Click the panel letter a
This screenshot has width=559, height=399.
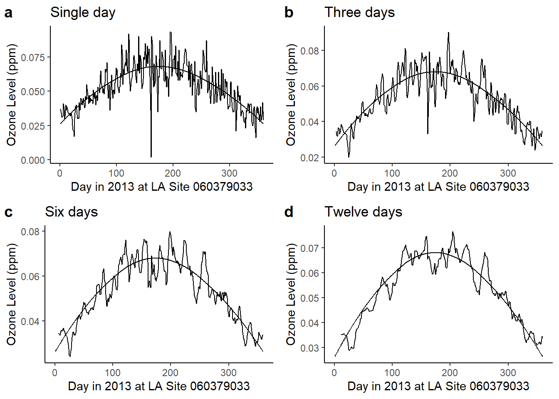[x=8, y=13]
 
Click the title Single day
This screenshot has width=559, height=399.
[x=83, y=12]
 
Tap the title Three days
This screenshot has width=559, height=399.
[x=359, y=12]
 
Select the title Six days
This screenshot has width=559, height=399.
[x=71, y=212]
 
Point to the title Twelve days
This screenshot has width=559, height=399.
[x=363, y=212]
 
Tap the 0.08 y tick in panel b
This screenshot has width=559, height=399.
[x=309, y=51]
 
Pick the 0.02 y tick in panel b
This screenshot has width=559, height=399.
[x=309, y=158]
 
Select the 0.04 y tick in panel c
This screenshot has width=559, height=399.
[x=30, y=321]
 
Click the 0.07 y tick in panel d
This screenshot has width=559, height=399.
[x=309, y=248]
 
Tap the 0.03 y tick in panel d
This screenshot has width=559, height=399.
[x=309, y=348]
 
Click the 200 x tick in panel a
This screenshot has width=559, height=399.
[x=173, y=173]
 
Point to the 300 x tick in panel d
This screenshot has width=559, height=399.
[x=508, y=373]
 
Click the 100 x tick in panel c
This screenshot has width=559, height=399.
[x=112, y=373]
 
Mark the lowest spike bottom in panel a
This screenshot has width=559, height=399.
[x=151, y=157]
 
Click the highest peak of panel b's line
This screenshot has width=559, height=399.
[x=448, y=32]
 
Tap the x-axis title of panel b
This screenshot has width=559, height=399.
[x=438, y=187]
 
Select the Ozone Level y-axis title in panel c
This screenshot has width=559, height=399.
[x=11, y=294]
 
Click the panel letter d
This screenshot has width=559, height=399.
[x=289, y=212]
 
